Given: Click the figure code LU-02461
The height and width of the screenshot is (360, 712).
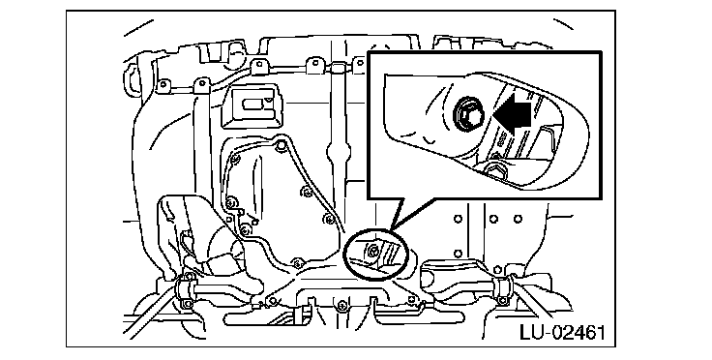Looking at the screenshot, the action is pos(562,332).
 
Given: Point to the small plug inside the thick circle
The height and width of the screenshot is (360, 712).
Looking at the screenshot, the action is pos(372,249).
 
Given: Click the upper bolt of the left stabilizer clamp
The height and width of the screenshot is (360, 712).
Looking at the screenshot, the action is pos(190,275).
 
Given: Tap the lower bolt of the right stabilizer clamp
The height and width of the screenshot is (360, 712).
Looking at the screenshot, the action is pos(502,300).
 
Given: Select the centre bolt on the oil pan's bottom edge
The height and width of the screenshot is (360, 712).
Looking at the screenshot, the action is pos(342,304).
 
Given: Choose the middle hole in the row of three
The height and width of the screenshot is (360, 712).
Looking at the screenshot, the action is pos(493,219).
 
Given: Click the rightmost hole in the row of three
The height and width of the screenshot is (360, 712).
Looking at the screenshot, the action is pos(518,219).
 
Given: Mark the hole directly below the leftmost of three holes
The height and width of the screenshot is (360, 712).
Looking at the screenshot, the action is pos(458,253).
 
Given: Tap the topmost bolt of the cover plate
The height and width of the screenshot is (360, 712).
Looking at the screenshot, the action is pos(281,145).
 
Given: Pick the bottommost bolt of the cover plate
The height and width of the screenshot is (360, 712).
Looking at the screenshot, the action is pos(297,262).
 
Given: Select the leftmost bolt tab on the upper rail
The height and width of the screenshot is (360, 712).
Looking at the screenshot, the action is pos(163,84).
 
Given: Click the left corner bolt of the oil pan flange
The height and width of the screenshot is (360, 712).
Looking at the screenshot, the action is pos(272,300).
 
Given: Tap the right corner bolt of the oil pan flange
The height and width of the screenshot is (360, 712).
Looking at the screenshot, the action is pos(412,299).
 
